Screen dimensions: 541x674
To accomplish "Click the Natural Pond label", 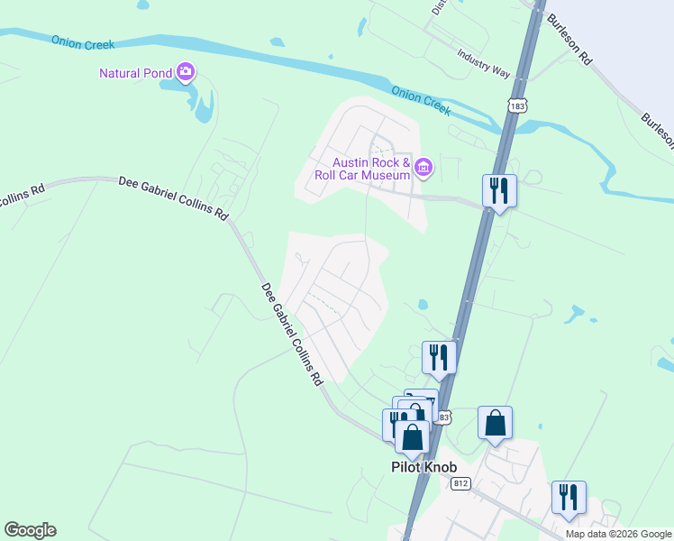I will (136, 72).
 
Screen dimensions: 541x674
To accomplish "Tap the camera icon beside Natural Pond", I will (187, 71).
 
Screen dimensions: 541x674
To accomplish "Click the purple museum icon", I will (424, 166).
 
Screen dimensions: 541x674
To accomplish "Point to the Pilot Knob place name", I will (424, 467).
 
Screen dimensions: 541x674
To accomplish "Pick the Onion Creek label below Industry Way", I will (420, 98).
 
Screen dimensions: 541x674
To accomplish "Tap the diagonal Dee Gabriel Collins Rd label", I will (291, 335).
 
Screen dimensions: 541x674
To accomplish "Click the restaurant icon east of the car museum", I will (499, 190).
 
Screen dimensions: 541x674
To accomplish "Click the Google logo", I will (30, 530).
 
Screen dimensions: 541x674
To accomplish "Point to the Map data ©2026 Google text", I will (618, 534).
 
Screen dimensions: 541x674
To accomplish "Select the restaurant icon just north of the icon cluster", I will (439, 357).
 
